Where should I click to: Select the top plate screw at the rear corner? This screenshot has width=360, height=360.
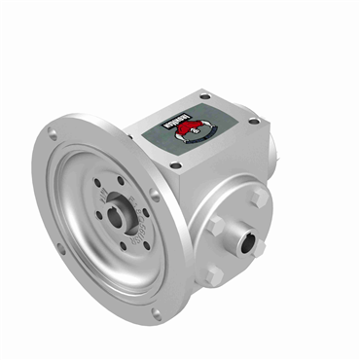pyautogui.click(x=205, y=94)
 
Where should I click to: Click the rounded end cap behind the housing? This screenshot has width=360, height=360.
pyautogui.click(x=276, y=146)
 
